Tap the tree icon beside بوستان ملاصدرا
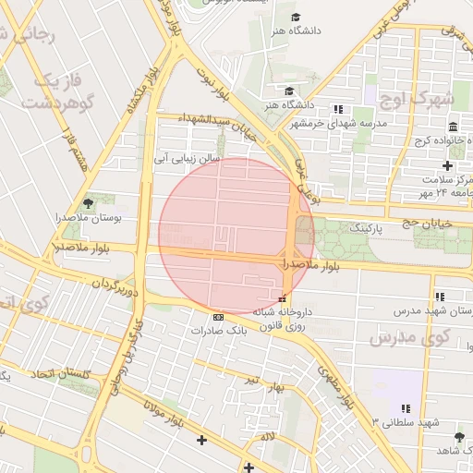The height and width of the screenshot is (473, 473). pos(88,201)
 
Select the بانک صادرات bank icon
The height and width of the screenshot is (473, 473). pos(218,316)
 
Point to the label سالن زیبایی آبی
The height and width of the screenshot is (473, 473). pos(188,159)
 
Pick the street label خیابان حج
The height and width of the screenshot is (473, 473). pos(423,223)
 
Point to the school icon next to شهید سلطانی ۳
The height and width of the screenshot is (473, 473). pos(405,408)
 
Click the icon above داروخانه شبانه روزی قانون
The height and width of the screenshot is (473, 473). pos(282,298)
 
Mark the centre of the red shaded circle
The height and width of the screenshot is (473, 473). pos(236,236)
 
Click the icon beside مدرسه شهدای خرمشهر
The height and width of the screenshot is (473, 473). pos(337,109)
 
